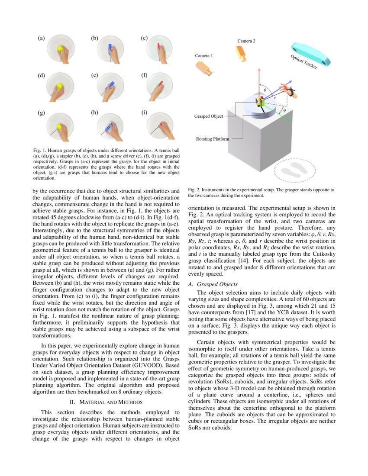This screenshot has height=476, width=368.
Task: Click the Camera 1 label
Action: tap(203, 56)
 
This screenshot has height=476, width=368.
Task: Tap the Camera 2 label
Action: tap(246, 41)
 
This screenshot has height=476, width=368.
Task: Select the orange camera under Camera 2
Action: tap(241, 52)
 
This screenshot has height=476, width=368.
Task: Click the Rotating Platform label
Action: tap(213, 139)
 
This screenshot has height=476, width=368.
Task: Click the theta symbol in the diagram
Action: tap(265, 90)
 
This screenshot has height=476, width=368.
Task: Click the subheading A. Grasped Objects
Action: tap(213, 284)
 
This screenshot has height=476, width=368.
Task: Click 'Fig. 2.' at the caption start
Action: tap(194, 190)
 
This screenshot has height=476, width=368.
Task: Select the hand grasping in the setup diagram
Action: tap(287, 89)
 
